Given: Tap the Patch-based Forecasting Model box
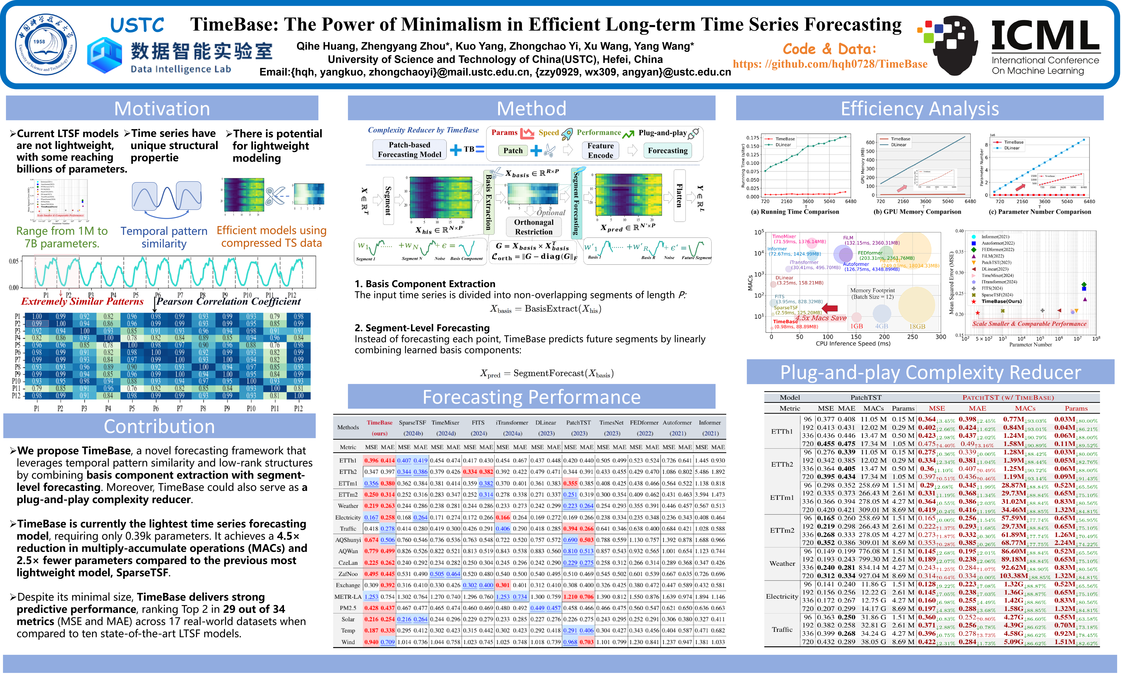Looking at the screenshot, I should (x=409, y=150).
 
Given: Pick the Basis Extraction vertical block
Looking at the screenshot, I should (x=489, y=201).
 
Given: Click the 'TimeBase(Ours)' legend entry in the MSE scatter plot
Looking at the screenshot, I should (x=1001, y=301).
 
